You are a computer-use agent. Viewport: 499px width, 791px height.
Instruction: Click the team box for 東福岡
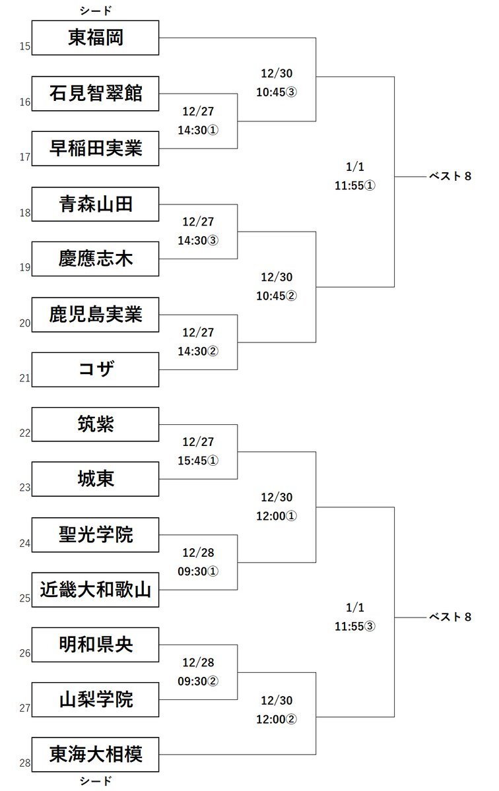click(96, 38)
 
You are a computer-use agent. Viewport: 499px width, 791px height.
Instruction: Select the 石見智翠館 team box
click(96, 93)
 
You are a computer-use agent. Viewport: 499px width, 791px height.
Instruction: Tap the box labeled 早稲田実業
click(96, 148)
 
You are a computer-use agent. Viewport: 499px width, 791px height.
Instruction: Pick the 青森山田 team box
click(96, 204)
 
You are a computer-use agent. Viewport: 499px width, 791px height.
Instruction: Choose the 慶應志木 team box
click(96, 259)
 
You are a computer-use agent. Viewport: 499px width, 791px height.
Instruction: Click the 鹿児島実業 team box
click(96, 314)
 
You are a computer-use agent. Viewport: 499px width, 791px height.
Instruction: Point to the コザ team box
click(96, 369)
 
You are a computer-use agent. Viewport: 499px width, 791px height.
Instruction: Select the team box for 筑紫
click(96, 424)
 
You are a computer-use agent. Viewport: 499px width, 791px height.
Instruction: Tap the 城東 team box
click(96, 479)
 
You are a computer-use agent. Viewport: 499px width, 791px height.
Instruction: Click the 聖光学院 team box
click(96, 534)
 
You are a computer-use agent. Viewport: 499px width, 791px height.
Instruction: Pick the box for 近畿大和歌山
click(96, 590)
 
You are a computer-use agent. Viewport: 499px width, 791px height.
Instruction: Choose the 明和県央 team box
click(96, 645)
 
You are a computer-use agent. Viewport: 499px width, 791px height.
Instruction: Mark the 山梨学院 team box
click(96, 700)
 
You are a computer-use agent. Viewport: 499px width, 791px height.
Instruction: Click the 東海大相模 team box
click(96, 755)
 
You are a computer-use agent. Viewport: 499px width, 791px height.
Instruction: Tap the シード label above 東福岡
click(96, 11)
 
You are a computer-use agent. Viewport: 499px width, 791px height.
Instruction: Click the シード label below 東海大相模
click(96, 781)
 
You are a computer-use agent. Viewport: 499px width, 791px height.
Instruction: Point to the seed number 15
click(25, 46)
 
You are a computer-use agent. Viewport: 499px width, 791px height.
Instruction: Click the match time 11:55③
click(354, 625)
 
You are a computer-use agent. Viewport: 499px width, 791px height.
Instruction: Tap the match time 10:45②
click(277, 296)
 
